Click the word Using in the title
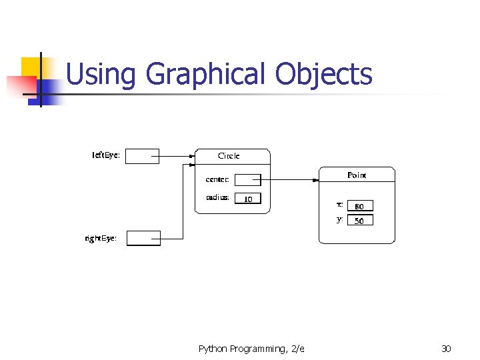101,74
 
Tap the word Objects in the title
323,74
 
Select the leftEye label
106,155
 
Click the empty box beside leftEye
142,156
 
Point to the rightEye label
101,238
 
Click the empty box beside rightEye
143,238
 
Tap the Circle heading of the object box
229,155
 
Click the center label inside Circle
217,179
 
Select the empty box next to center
248,179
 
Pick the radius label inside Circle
217,197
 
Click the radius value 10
248,198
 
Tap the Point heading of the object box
357,175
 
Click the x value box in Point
360,206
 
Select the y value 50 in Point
360,220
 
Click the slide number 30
446,349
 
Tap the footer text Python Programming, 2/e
251,349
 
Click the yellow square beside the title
32,67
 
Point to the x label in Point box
340,205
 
